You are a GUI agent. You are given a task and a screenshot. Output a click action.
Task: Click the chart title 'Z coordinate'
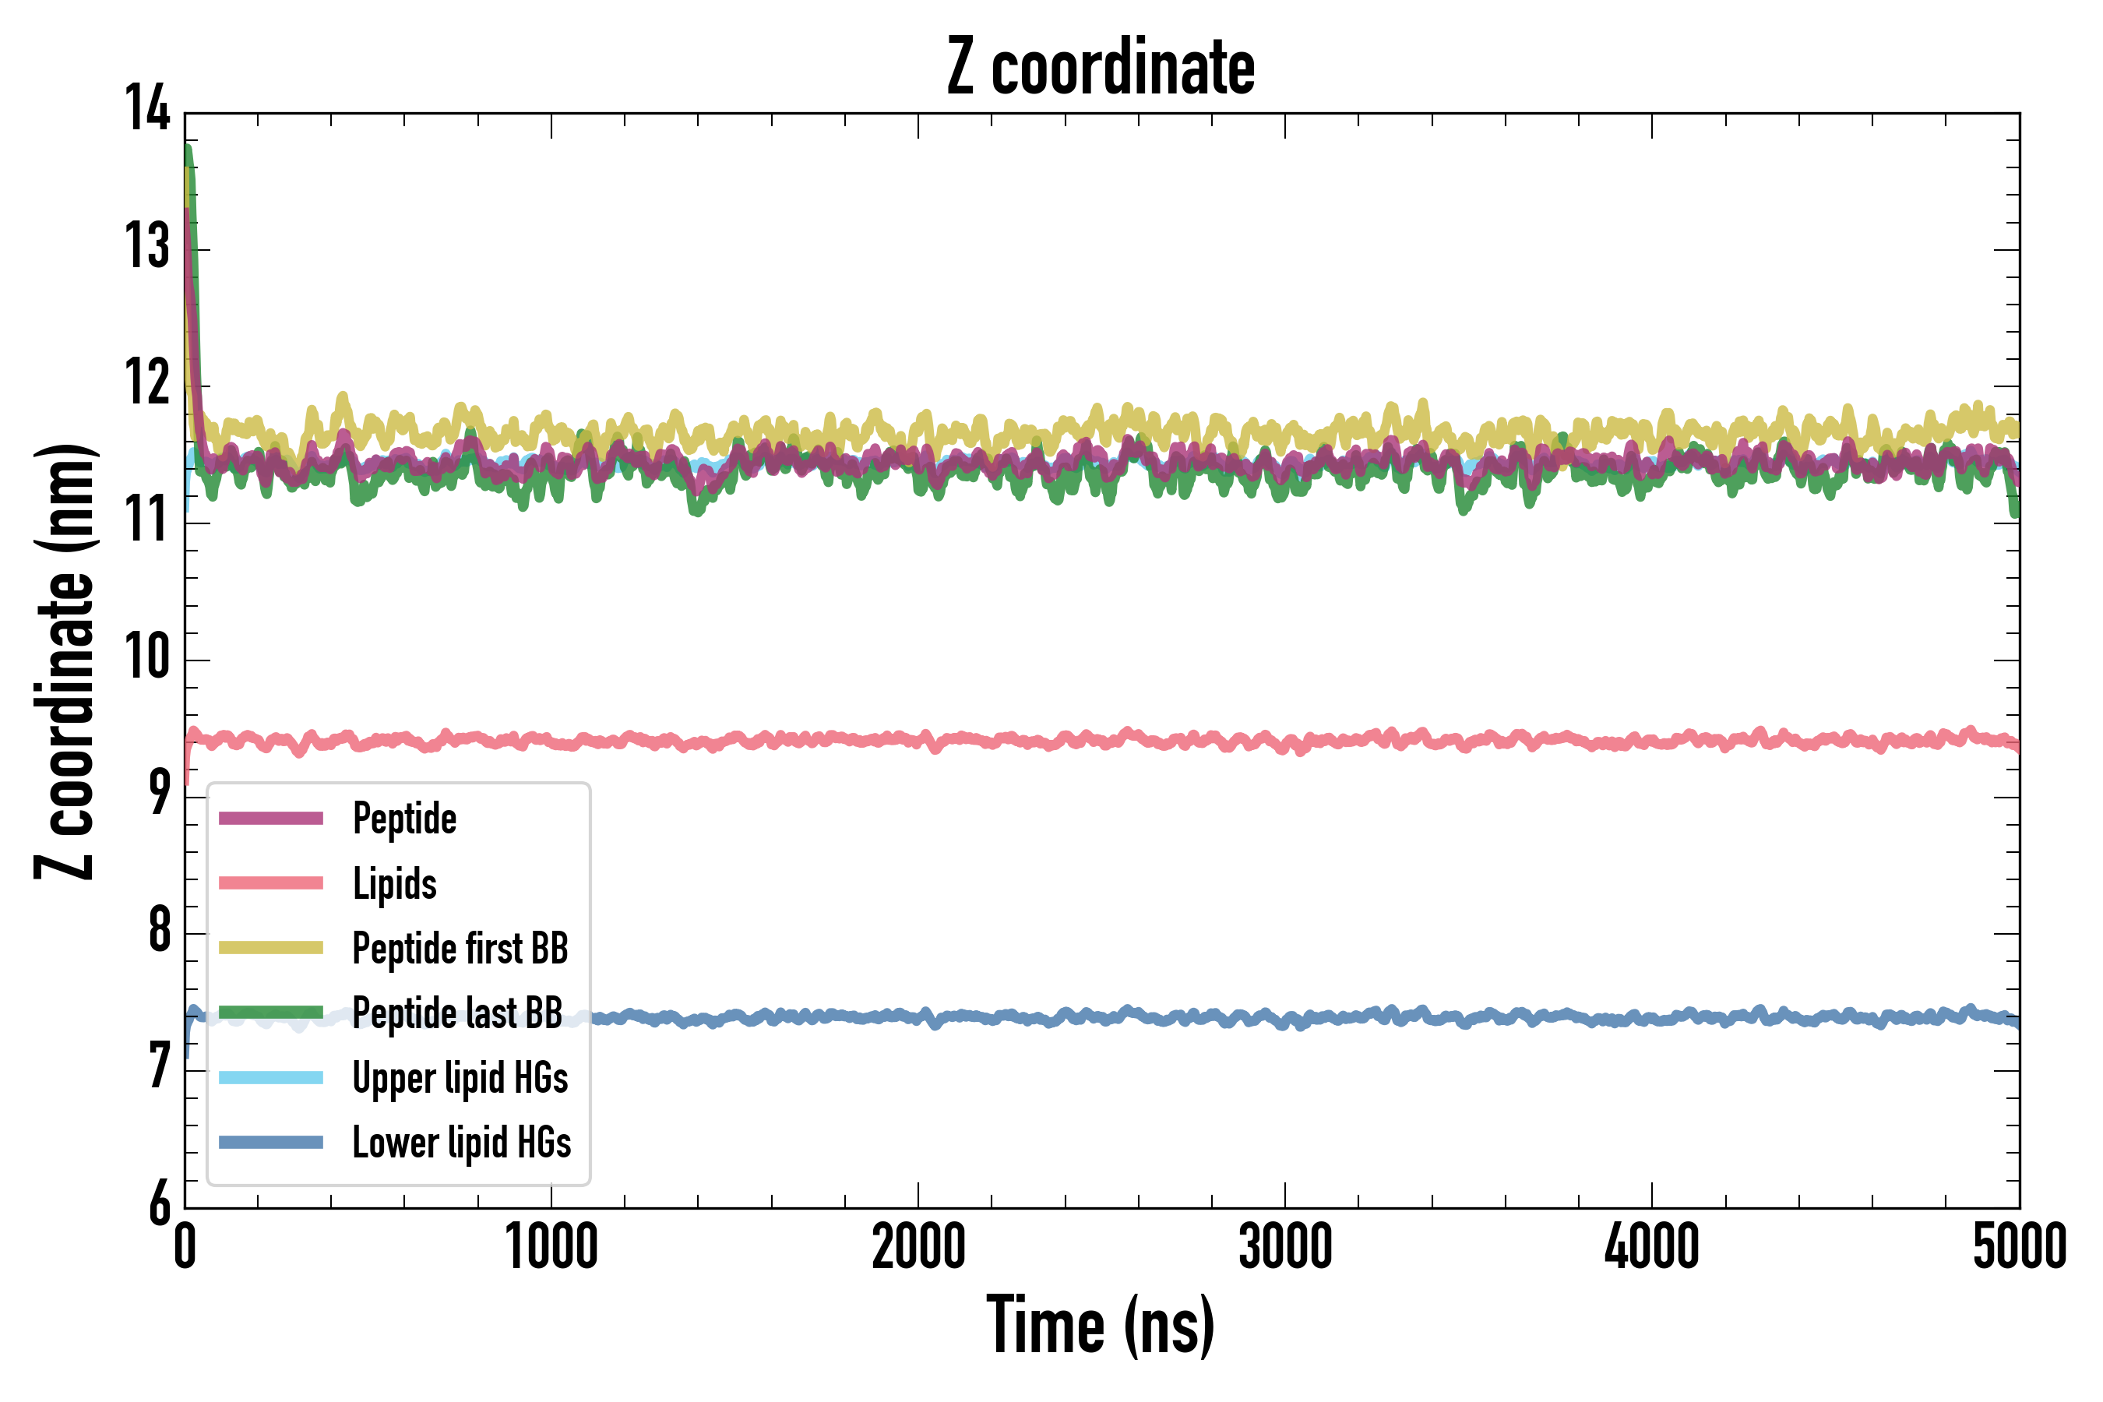pos(1101,68)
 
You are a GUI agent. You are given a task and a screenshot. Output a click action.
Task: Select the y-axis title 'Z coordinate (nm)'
pos(65,661)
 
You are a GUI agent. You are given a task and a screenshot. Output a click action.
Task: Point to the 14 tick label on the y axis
pos(146,109)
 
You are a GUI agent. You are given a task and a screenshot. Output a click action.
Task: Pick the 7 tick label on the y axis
pos(158,1067)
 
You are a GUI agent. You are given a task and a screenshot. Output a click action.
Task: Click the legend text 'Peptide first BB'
pos(460,949)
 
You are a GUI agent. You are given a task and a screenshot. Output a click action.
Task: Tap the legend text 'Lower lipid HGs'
pos(461,1143)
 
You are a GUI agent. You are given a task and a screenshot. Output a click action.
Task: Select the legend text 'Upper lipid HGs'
pos(460,1078)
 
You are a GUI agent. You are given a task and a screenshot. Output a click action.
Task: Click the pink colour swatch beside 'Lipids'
pos(271,883)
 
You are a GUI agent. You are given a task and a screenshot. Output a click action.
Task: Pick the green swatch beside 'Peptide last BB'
pos(271,1012)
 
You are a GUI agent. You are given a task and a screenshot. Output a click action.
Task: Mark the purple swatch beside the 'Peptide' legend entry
pos(271,818)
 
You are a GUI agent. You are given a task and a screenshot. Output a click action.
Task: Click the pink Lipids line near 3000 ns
pos(1285,743)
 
